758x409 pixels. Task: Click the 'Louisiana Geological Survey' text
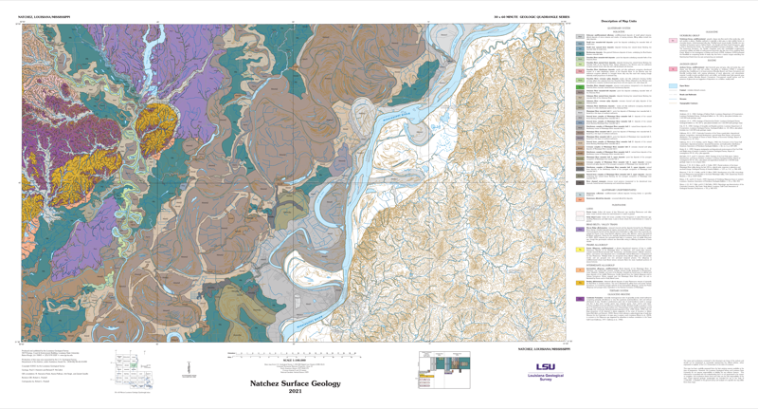(x=546, y=378)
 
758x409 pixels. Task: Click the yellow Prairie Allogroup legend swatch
(x=579, y=250)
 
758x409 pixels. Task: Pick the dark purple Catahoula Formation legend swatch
(x=579, y=299)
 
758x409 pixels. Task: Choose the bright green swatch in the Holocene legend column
(x=579, y=86)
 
